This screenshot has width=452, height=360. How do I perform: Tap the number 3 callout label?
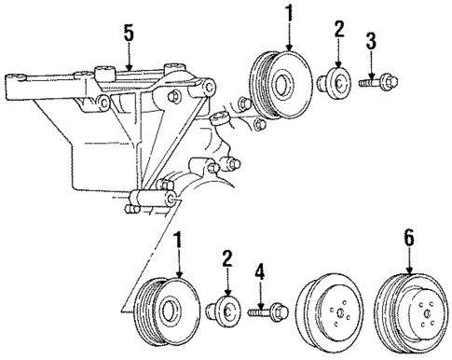(370, 40)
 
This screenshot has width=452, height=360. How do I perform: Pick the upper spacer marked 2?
(335, 81)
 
